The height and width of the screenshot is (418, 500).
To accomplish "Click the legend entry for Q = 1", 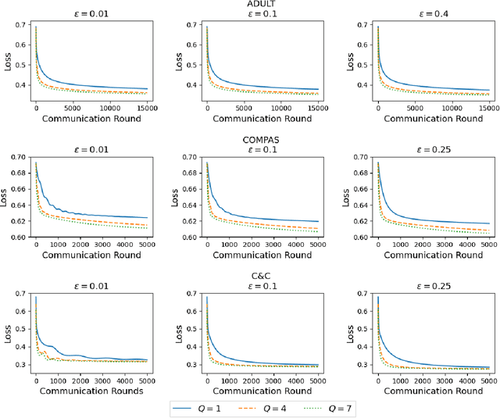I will [202, 407].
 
